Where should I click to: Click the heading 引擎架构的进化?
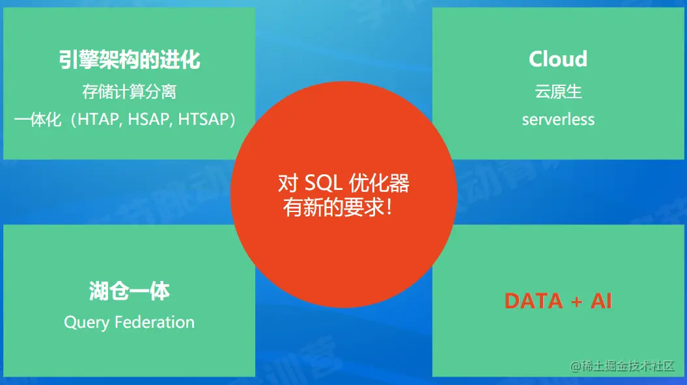pos(130,59)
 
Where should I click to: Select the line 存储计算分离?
pos(129,92)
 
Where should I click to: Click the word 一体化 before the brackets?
pos(37,120)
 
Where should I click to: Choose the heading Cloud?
pos(558,59)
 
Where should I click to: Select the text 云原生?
pos(558,92)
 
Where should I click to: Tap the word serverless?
pos(558,120)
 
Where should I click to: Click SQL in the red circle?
pos(324,183)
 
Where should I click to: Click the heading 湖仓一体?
pos(129,291)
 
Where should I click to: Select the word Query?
pos(87,323)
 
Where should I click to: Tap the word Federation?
pos(155,323)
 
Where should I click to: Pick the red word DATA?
pos(534,301)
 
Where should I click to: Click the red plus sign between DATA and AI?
pos(576,302)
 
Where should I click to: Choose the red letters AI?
pos(601,301)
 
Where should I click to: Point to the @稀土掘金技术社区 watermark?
pos(622,365)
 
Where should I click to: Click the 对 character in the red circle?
pos(288,183)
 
